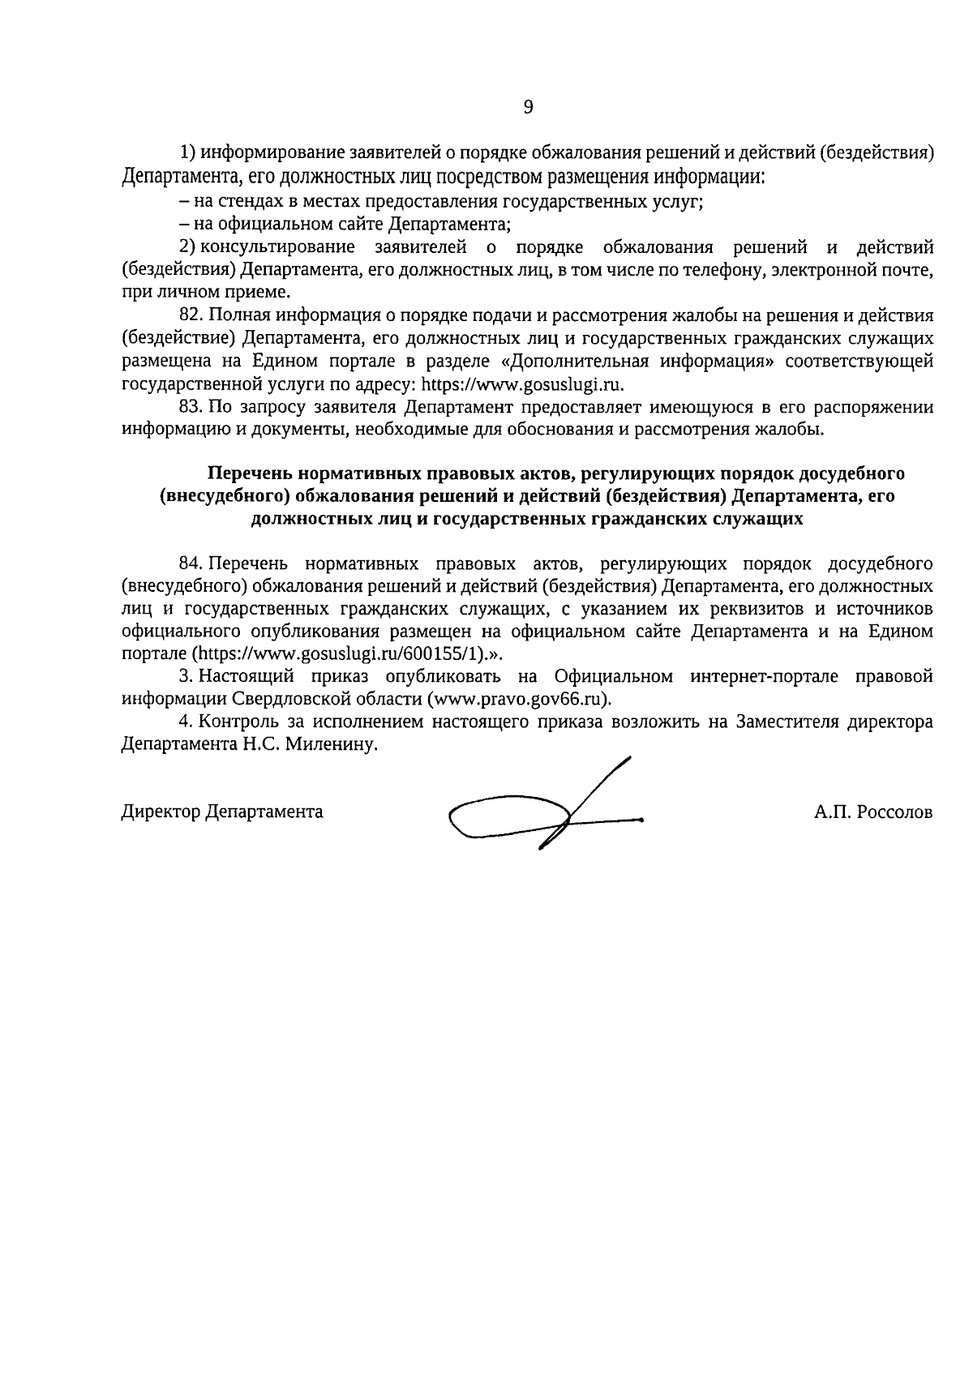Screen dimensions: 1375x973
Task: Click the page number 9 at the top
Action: point(528,107)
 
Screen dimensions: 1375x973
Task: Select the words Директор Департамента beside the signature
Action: point(222,812)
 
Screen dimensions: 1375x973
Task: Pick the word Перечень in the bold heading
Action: point(249,473)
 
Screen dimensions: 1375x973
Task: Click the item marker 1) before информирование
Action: point(187,152)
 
